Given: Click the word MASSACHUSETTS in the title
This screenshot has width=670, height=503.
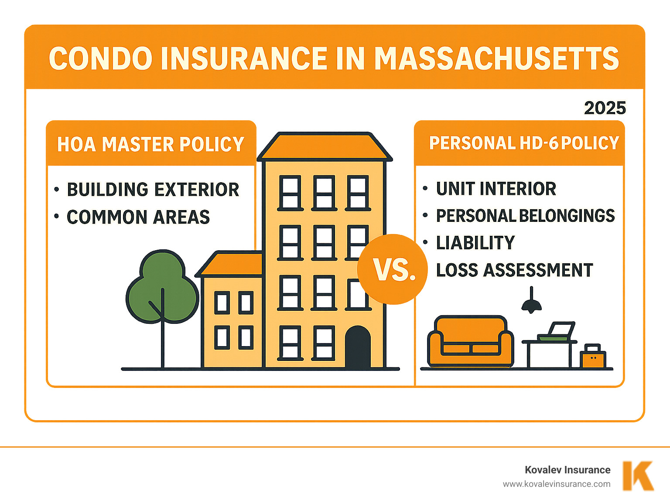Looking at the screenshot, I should pos(496,58).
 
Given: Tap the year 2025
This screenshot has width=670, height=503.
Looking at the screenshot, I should pos(605,108).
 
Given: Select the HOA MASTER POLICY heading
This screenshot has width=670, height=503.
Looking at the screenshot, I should pos(150,144).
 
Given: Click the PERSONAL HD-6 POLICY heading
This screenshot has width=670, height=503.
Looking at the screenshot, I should pos(524,143).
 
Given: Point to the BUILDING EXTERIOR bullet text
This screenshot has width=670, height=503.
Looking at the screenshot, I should pos(153,190).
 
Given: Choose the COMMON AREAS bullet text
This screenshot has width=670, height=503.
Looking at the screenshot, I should pos(138,217).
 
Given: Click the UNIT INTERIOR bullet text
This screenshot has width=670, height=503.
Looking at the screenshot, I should pos(496,189).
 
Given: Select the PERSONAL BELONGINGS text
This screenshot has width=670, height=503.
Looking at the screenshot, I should pos(525,216).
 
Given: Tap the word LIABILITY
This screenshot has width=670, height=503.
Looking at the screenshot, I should pos(475,243).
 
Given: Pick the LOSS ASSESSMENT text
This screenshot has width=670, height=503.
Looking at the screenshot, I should pos(514,270).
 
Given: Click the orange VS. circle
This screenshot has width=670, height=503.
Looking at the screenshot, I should pos(393,269).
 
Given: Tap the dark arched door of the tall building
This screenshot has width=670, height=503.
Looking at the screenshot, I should pos(358,347).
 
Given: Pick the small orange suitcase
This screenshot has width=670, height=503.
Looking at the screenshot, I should pos(593,357).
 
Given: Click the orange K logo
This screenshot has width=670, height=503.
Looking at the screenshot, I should pos(638,476).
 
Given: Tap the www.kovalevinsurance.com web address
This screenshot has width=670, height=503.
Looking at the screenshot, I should pos(556,484).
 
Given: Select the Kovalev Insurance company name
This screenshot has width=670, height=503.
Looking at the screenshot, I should pos(567,470).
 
